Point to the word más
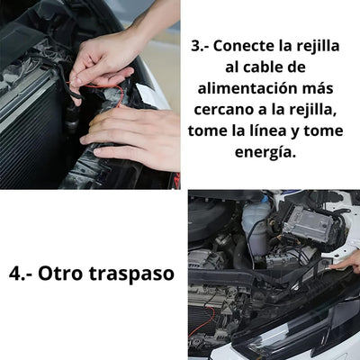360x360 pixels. tap(316, 89)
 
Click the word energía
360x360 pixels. tap(265, 153)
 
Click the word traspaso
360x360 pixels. tap(131, 274)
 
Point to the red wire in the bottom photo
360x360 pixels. tap(202, 321)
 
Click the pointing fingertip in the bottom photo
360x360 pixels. tap(331, 266)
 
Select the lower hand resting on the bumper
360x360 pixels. tap(132, 135)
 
